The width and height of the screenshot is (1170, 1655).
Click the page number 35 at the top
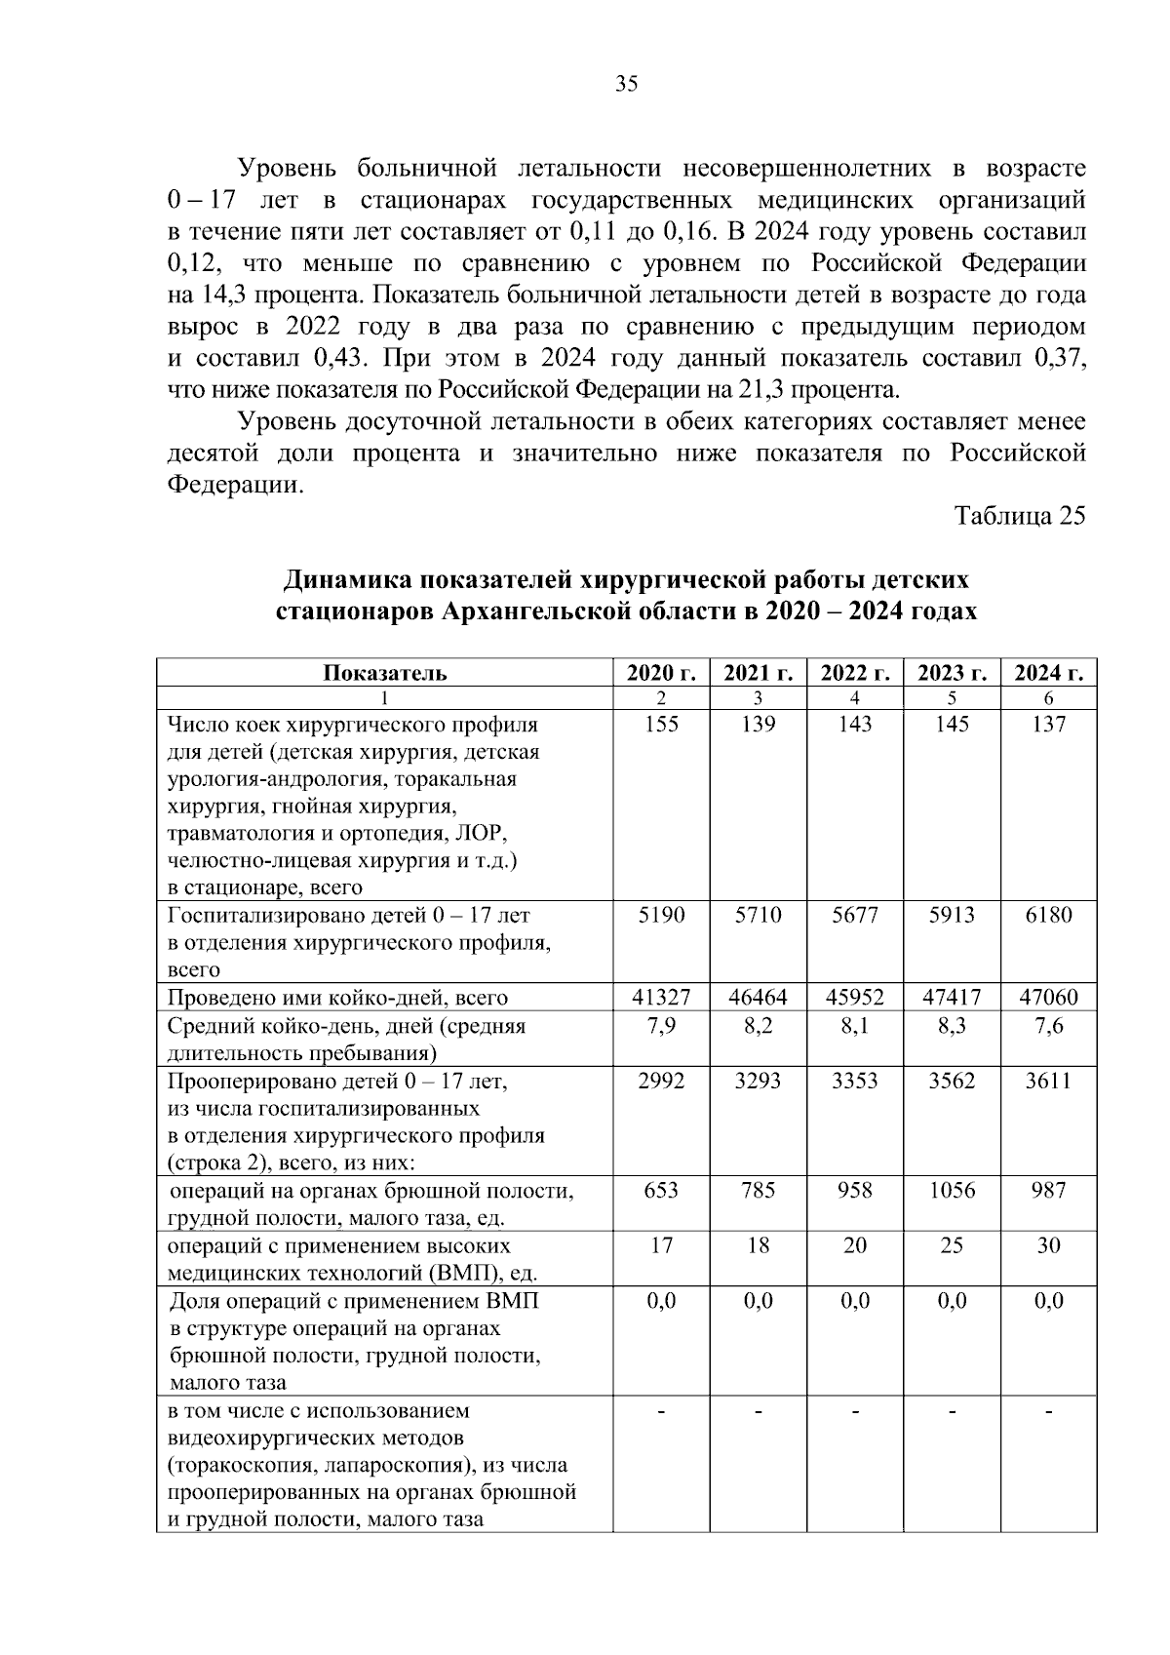pos(627,85)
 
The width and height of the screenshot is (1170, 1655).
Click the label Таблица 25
pos(1019,516)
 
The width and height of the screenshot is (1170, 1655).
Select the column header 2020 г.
pos(661,673)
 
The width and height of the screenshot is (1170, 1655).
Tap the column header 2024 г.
pos(1049,673)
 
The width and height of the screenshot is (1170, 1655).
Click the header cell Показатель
pos(385,673)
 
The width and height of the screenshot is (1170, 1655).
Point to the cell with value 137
pos(1049,725)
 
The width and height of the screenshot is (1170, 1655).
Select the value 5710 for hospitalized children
pos(758,916)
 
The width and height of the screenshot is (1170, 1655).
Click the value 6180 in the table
pos(1049,916)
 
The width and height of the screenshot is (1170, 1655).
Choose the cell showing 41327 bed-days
pos(661,998)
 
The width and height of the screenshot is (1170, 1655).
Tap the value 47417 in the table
pos(952,998)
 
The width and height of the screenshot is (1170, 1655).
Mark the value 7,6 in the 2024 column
pos(1049,1026)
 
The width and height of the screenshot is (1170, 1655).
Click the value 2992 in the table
pos(661,1081)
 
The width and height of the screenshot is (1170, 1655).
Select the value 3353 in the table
pos(855,1081)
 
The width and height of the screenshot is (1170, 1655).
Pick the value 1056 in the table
pos(952,1191)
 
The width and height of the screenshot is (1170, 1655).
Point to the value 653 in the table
pos(661,1191)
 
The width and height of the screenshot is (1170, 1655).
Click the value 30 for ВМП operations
pos(1049,1245)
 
